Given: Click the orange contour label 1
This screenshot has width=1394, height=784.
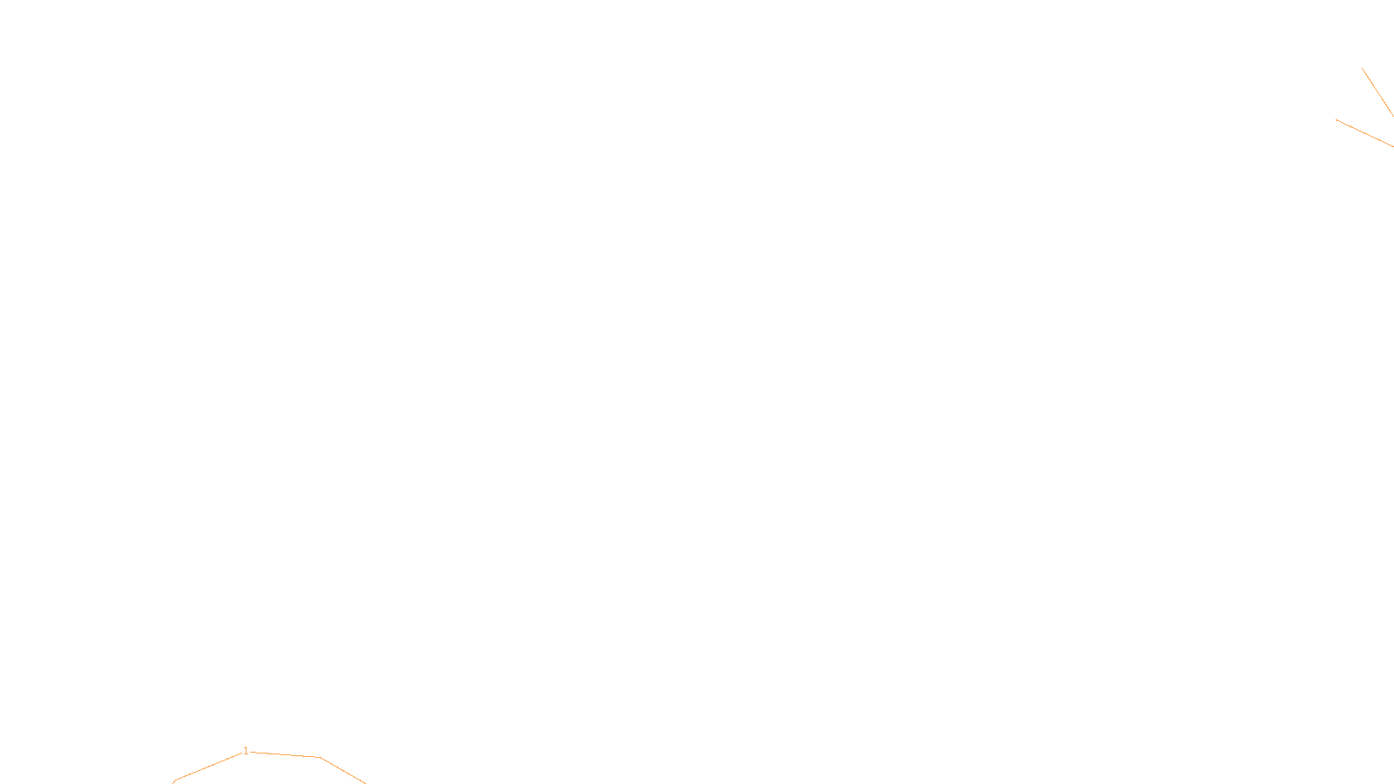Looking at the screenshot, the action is pyautogui.click(x=246, y=751).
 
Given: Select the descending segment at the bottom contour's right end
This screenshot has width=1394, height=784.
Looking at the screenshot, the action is pyautogui.click(x=343, y=771).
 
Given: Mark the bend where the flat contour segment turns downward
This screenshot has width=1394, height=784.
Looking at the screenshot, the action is pyautogui.click(x=321, y=758).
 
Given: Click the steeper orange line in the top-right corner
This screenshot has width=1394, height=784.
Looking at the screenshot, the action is pyautogui.click(x=1378, y=92).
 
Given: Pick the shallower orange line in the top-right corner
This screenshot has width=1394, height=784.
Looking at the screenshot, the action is pyautogui.click(x=1365, y=133).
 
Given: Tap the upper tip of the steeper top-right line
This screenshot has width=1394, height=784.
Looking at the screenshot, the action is pyautogui.click(x=1363, y=69).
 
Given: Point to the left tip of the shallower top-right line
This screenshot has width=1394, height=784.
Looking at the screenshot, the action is pyautogui.click(x=1336, y=120).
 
